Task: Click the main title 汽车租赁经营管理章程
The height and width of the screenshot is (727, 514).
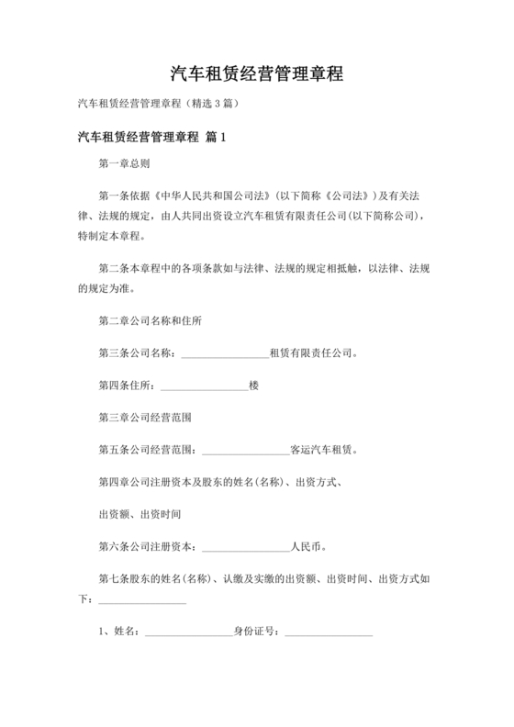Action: point(257,73)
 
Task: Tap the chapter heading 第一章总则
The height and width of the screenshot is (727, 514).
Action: point(125,164)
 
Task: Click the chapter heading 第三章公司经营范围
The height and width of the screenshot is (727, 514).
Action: point(144,417)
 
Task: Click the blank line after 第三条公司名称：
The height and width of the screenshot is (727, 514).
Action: point(224,353)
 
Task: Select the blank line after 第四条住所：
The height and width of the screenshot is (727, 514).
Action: point(204,386)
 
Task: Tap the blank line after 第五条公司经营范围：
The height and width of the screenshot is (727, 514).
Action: point(244,451)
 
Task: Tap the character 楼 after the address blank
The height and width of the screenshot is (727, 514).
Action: point(253,385)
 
